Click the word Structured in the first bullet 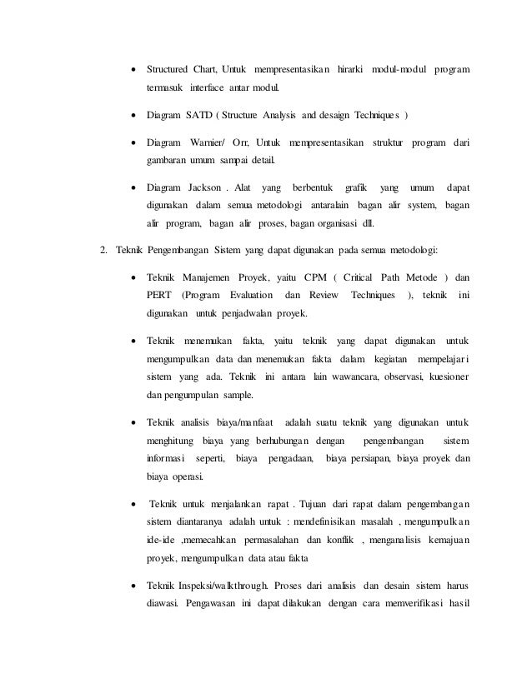pyautogui.click(x=168, y=67)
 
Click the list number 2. pyautogui.click(x=102, y=251)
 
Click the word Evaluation pyautogui.click(x=250, y=296)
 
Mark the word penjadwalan pyautogui.click(x=247, y=314)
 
